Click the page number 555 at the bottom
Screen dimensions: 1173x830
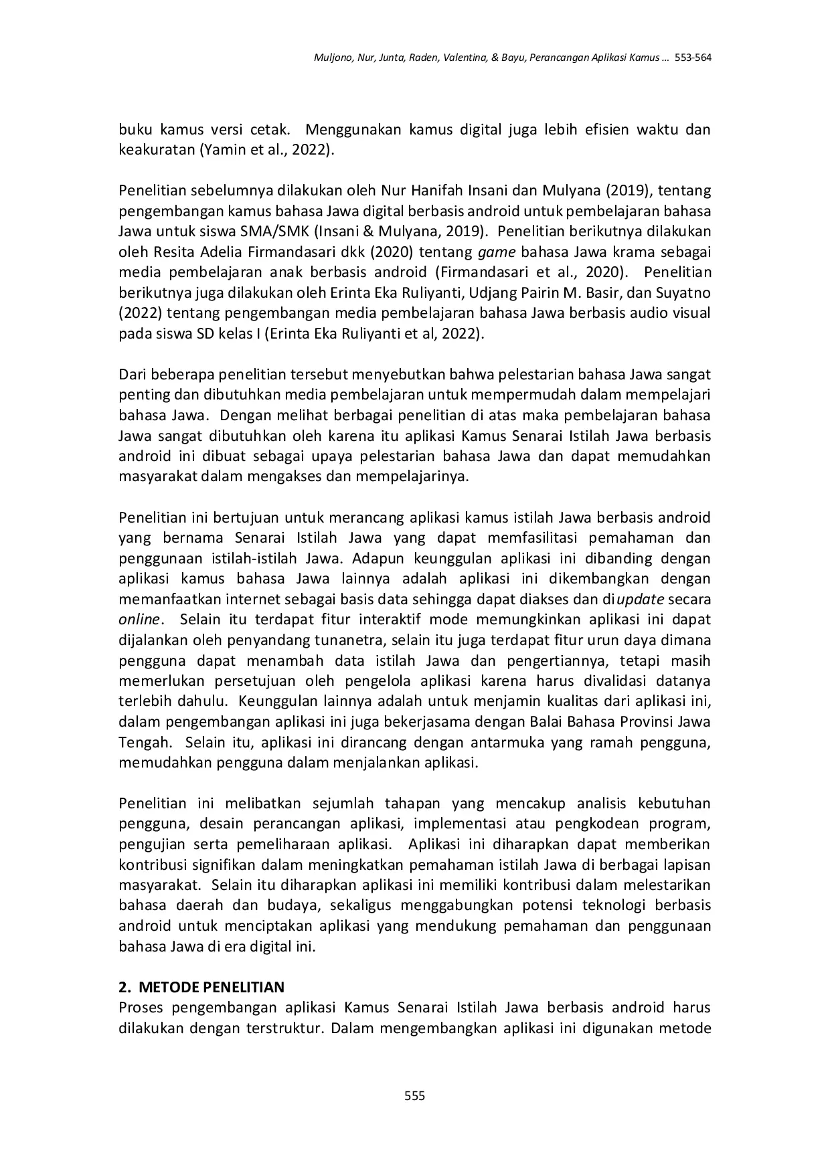415,1096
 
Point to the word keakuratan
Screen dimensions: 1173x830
157,150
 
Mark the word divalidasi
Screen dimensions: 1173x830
648,681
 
